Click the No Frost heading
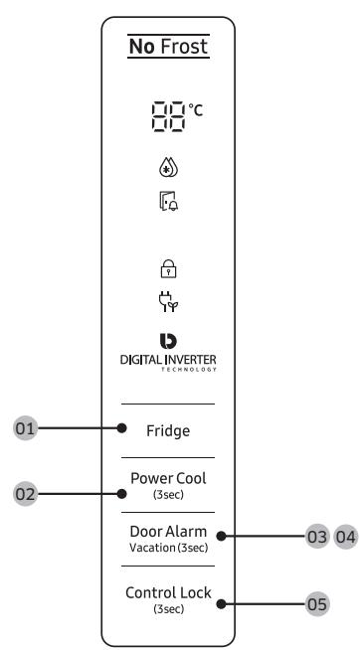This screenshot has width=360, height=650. [168, 46]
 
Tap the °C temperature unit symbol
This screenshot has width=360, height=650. [196, 110]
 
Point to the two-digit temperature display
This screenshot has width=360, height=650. [168, 116]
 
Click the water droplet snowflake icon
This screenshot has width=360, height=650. [168, 168]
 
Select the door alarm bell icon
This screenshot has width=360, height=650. [169, 201]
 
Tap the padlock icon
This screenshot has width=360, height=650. [168, 268]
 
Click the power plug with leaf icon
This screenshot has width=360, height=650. [168, 302]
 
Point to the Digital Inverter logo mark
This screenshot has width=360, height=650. [168, 341]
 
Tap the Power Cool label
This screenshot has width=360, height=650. [168, 478]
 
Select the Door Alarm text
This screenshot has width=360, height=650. [168, 532]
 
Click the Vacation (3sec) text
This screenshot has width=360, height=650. [168, 548]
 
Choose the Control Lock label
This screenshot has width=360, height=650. [168, 592]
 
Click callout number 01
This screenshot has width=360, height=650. [25, 428]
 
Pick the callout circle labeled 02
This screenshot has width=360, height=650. [25, 494]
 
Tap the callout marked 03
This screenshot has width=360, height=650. [317, 537]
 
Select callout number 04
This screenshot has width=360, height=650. [346, 537]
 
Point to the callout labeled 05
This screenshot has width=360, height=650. [317, 604]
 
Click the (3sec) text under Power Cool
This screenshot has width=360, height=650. [168, 495]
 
